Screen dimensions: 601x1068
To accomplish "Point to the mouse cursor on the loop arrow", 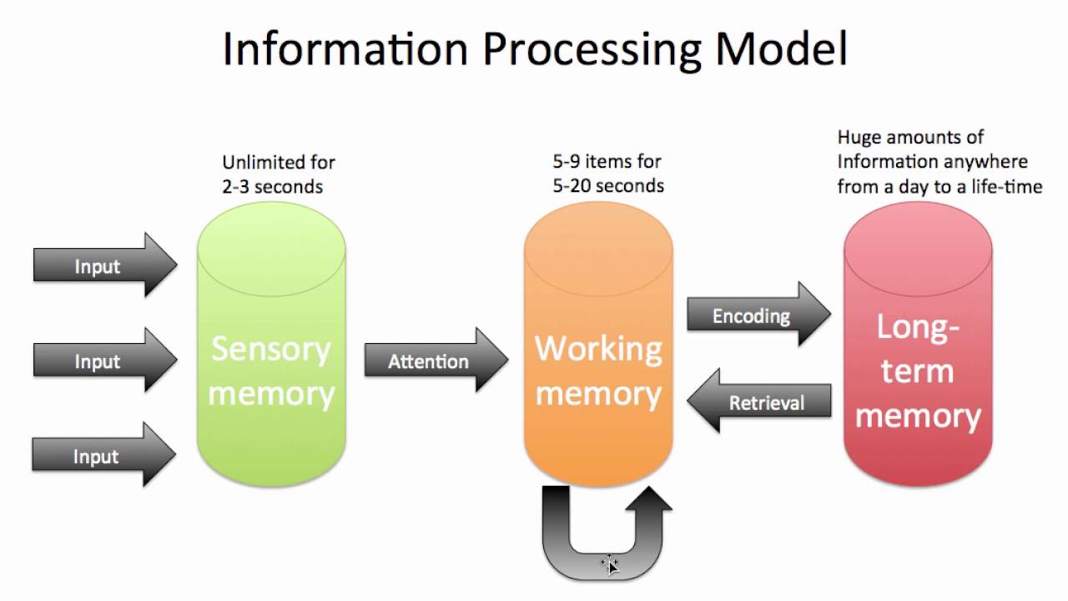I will (x=610, y=564).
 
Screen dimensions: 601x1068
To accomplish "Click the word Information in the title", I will (x=345, y=50).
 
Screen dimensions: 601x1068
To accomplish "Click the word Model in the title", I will (x=781, y=50).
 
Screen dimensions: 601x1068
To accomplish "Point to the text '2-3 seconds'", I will (x=272, y=187).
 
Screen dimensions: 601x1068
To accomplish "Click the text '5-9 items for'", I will (x=607, y=161).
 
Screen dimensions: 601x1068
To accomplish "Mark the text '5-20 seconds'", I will (x=608, y=186).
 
